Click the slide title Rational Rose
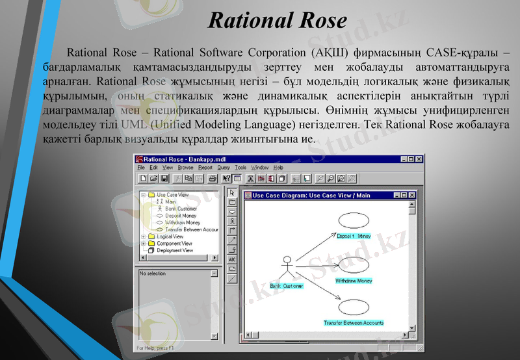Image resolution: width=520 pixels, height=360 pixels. (x=278, y=20)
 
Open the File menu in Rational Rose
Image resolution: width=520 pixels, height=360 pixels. (x=141, y=168)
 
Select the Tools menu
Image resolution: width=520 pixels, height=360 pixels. (x=240, y=168)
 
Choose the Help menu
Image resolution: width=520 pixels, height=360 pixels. (x=278, y=168)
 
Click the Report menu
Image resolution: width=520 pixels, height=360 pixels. (x=205, y=168)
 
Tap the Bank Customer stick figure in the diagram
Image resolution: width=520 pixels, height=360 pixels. (x=285, y=268)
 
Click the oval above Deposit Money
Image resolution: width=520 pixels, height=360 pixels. (x=354, y=220)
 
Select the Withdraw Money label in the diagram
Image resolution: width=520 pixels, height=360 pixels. (x=354, y=281)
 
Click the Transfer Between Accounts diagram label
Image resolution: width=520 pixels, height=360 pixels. (x=354, y=323)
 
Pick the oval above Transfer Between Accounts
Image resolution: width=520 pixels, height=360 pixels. (x=354, y=308)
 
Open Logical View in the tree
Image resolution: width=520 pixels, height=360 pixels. (x=170, y=237)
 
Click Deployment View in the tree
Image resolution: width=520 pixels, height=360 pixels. (x=174, y=250)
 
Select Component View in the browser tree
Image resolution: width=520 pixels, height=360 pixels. (x=174, y=244)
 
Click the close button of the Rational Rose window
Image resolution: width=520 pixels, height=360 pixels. (x=419, y=159)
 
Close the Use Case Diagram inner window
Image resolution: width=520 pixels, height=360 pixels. (x=411, y=195)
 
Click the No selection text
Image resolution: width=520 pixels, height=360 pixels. (x=153, y=274)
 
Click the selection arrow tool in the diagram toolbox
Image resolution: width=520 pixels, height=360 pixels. (x=232, y=193)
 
